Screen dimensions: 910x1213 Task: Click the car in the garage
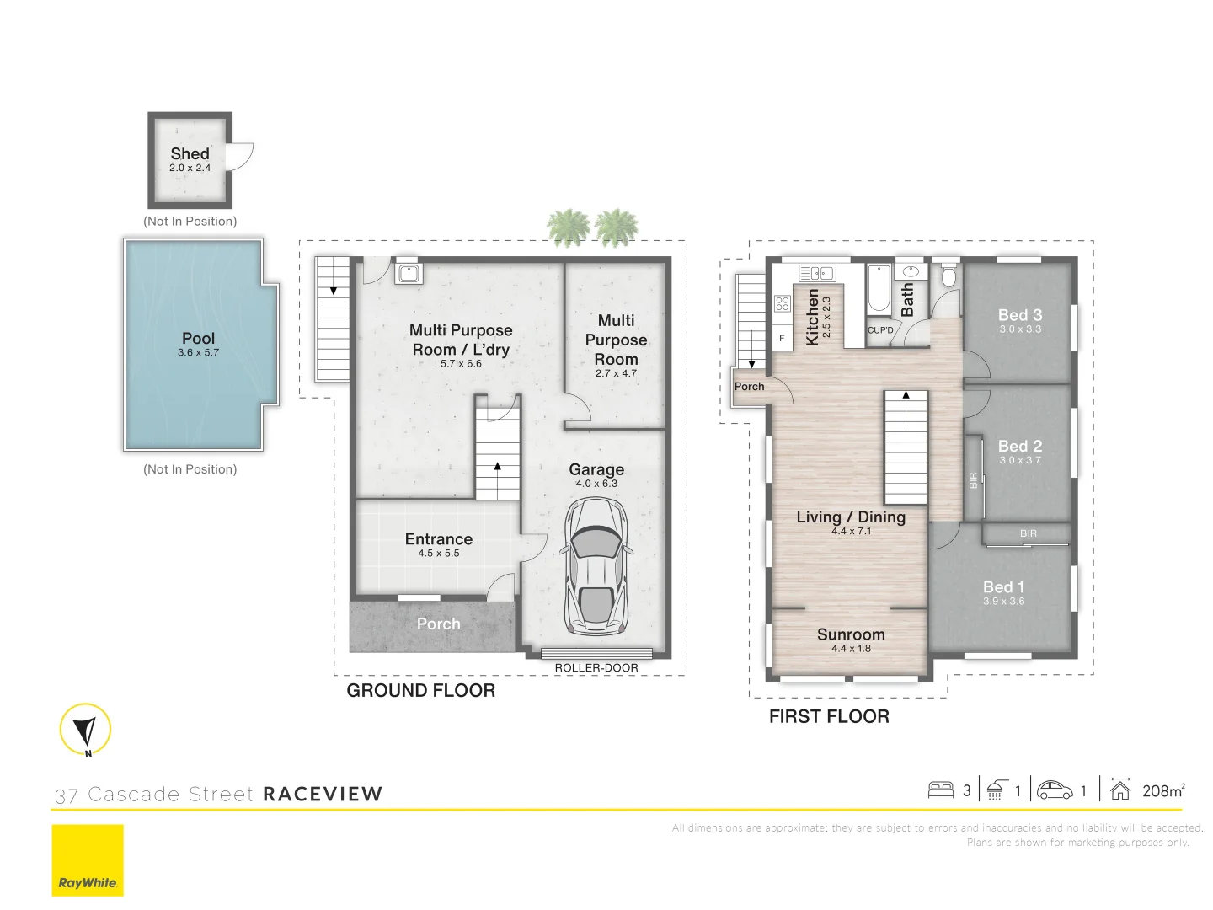(x=596, y=565)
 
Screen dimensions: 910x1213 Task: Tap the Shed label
(x=190, y=153)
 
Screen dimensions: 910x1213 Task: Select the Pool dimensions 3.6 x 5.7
(x=198, y=353)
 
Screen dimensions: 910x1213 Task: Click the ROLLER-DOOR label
(x=596, y=667)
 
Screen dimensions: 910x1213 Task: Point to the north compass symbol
(x=85, y=729)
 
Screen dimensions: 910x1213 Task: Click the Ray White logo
(x=88, y=860)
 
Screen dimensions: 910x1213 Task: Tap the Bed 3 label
(x=1020, y=314)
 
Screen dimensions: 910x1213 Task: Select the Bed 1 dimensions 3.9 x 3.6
(x=1003, y=602)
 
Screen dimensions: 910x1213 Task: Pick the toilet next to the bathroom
(x=948, y=276)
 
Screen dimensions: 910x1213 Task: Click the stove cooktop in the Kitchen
(x=782, y=303)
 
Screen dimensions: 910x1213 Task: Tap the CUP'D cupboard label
(x=880, y=330)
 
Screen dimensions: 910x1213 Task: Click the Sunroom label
(x=851, y=634)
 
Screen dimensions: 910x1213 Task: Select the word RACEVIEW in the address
(x=323, y=794)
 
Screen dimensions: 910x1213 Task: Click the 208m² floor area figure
(x=1162, y=790)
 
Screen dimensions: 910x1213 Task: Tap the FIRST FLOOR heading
(x=829, y=716)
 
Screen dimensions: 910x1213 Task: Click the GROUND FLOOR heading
(x=420, y=690)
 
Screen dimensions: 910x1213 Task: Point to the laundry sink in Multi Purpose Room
(x=409, y=273)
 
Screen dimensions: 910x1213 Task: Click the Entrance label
(x=438, y=538)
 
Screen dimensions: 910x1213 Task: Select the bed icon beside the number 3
(x=940, y=790)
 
